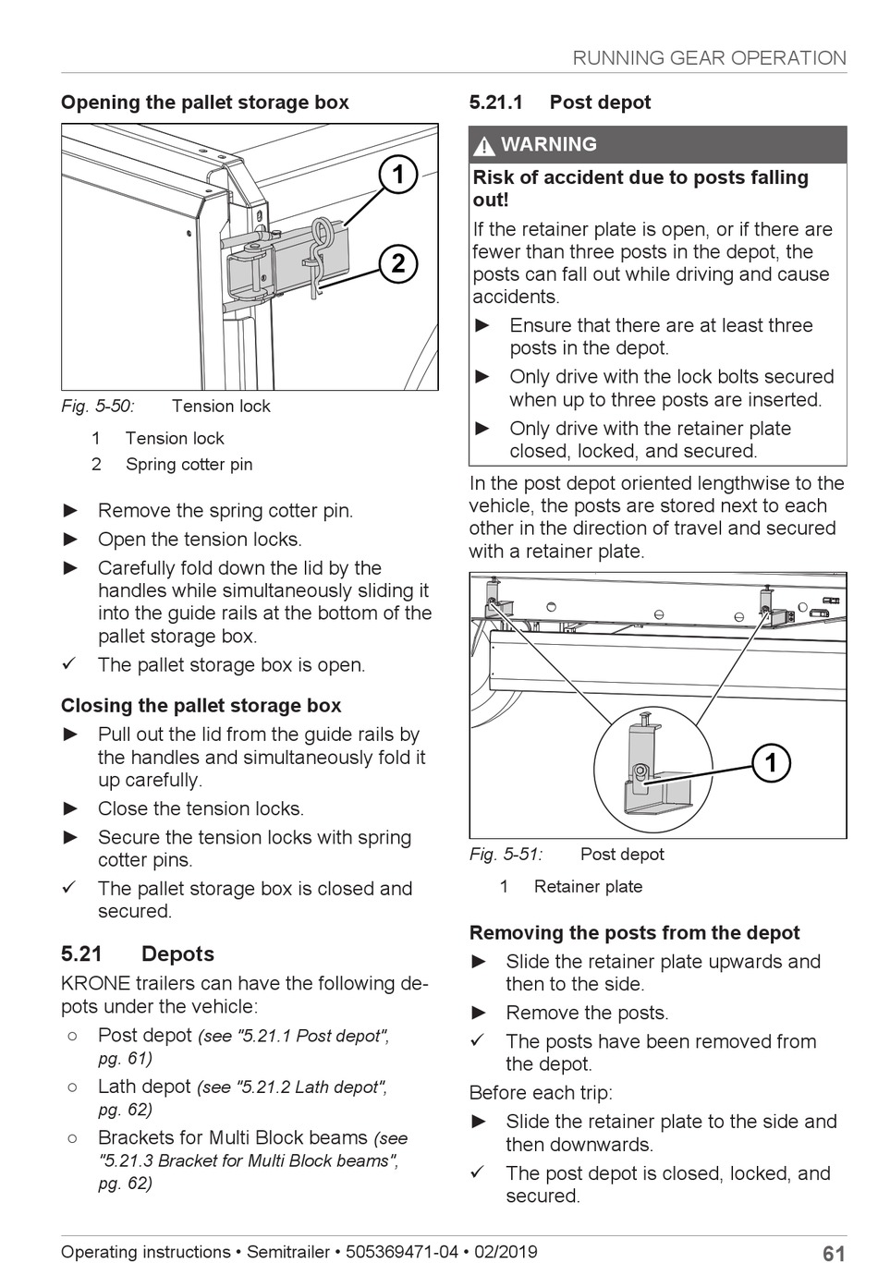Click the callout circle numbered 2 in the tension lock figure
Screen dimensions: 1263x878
(398, 263)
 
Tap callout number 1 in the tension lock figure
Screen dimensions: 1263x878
(398, 175)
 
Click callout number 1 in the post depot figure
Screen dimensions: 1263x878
(771, 763)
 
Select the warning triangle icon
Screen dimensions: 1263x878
(483, 146)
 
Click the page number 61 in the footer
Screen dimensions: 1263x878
(834, 1253)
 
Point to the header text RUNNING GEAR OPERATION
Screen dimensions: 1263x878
(709, 58)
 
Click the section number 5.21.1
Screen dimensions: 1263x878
(496, 103)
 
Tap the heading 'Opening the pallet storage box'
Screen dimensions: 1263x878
(205, 103)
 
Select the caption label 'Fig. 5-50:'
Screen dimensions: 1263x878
(98, 406)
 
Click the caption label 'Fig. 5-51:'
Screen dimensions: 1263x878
(506, 855)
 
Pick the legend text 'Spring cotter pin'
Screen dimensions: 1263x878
(189, 464)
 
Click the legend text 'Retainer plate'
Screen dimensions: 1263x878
(588, 887)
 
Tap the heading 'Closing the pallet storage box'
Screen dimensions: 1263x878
(201, 706)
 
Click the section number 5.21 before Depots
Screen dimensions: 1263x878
(82, 954)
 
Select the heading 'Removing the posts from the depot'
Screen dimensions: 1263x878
(634, 933)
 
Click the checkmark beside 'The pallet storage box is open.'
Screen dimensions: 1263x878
(69, 664)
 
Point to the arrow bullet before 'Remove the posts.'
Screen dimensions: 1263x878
(479, 1013)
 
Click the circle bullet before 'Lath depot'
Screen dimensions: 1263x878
(72, 1087)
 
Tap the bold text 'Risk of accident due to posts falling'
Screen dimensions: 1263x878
(640, 177)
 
